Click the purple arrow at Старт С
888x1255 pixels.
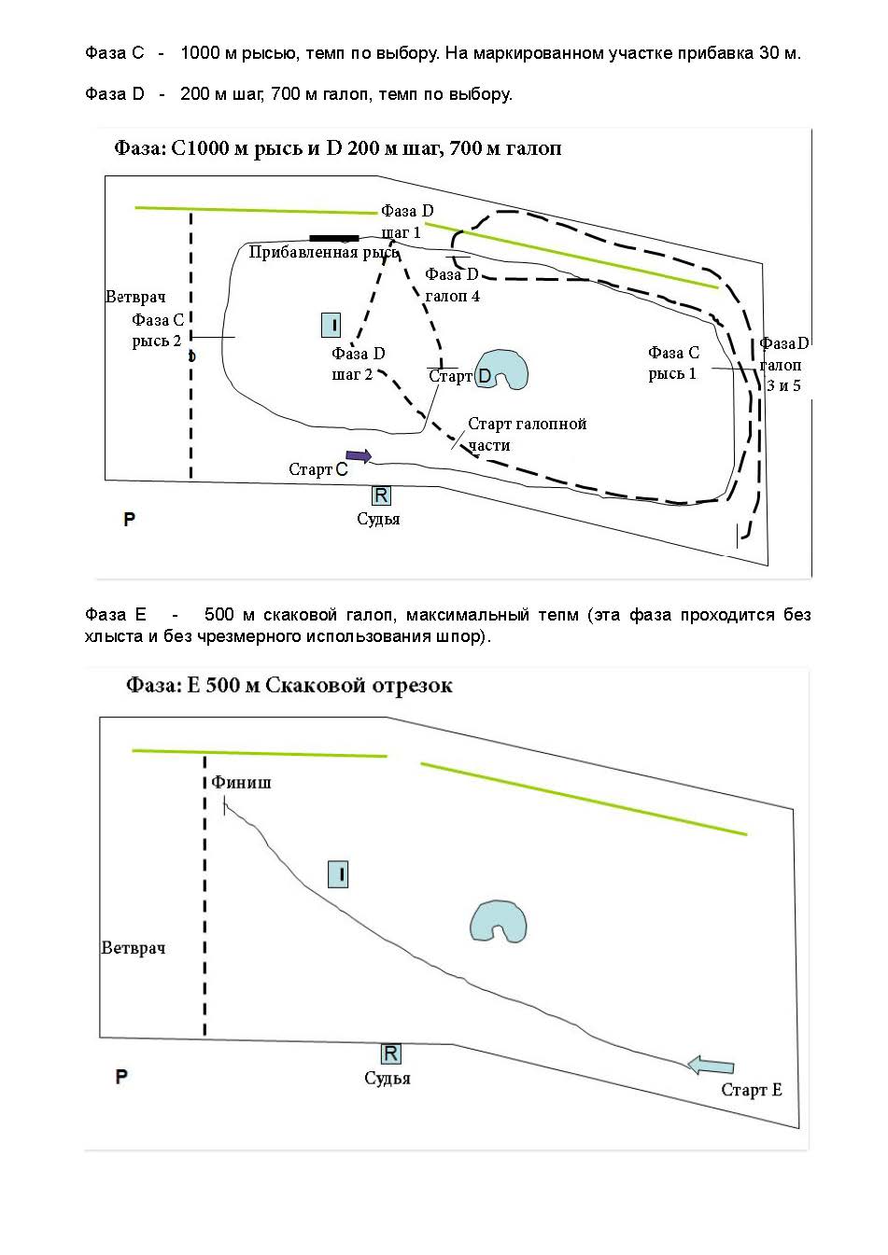pos(359,455)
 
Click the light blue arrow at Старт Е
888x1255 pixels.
pos(711,1066)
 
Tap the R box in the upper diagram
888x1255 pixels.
pos(381,495)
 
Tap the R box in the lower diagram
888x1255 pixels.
pos(390,1053)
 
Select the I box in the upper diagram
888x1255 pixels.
pos(331,325)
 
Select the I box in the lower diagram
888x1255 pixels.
pos(338,874)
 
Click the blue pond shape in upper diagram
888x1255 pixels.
pos(500,369)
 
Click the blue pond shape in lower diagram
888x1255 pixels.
pos(498,920)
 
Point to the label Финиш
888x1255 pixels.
pos(241,782)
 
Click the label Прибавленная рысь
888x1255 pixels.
pos(323,252)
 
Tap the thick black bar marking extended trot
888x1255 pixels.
pos(334,238)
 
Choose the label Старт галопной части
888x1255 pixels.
pos(527,434)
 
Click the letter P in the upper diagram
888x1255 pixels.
pos(129,519)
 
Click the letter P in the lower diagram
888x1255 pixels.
pos(121,1077)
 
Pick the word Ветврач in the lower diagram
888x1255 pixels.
pos(134,948)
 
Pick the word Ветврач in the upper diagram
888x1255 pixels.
pos(135,297)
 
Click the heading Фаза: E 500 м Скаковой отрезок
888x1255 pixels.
pos(289,686)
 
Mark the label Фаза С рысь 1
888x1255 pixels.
pos(673,363)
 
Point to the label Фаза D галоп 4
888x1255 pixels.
pos(452,285)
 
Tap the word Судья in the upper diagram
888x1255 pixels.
pos(378,519)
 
